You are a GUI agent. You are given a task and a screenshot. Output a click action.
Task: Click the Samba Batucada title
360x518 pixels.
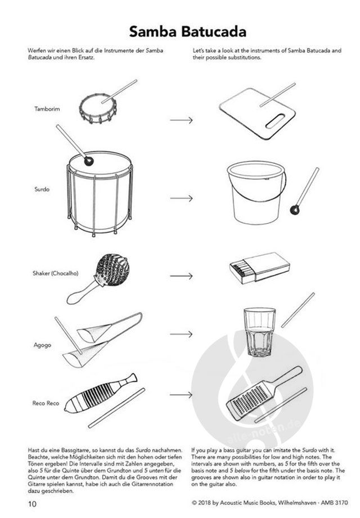pos(188,31)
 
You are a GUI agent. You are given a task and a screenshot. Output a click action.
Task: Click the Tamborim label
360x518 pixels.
pos(47,109)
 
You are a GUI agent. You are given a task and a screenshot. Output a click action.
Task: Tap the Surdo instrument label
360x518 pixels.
pos(42,190)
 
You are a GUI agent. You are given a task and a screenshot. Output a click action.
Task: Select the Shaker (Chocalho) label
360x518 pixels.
pos(56,273)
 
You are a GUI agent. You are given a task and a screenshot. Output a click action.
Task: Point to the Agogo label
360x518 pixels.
pos(42,345)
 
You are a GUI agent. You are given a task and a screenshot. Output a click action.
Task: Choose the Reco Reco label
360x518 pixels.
pos(46,403)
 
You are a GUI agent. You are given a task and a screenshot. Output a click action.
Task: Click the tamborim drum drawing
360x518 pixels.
pos(98,108)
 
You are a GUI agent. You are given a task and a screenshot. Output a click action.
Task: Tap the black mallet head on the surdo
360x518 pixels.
pos(88,161)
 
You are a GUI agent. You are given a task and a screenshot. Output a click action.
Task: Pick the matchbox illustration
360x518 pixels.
pos(260,268)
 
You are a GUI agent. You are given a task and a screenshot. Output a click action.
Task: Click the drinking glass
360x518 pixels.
pos(259,332)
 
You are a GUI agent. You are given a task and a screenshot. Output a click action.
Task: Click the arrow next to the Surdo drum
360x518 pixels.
pos(181,198)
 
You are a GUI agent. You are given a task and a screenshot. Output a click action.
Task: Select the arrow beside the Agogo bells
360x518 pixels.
pos(181,334)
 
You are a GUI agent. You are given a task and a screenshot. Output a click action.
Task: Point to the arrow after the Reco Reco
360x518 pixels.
pos(181,394)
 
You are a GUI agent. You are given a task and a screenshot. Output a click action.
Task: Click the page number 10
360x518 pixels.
pos(32,504)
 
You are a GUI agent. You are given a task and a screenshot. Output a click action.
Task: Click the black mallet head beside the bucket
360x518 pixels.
pos(294,209)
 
